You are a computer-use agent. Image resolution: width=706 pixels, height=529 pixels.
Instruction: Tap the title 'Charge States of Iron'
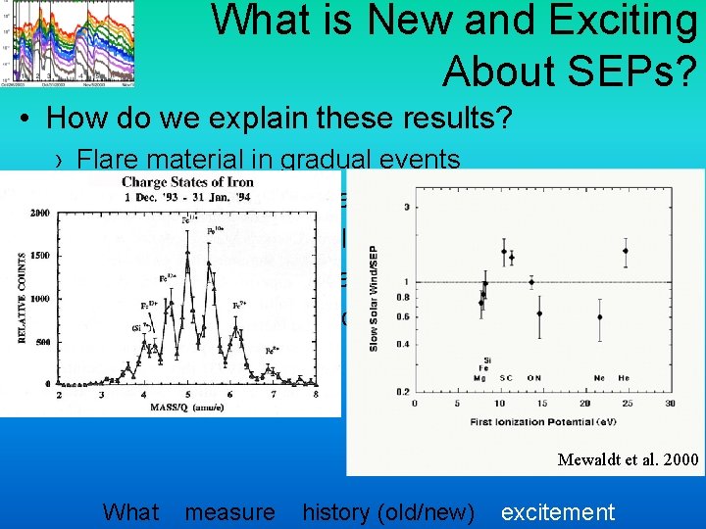pyautogui.click(x=187, y=181)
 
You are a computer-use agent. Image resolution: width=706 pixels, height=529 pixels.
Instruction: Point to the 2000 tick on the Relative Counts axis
pyautogui.click(x=41, y=213)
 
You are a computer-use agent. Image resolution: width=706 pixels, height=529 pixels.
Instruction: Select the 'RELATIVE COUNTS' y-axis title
pyautogui.click(x=21, y=298)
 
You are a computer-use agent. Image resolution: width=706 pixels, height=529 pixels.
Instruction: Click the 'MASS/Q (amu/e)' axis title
pyautogui.click(x=185, y=406)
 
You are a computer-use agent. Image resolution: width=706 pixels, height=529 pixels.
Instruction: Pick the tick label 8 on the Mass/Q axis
pyautogui.click(x=316, y=395)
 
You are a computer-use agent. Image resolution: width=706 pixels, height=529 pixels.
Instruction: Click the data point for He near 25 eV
pyautogui.click(x=626, y=251)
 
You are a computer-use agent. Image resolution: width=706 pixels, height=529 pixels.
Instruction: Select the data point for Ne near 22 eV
pyautogui.click(x=599, y=316)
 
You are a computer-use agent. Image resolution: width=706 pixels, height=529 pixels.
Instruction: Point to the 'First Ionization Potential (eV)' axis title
pyautogui.click(x=542, y=421)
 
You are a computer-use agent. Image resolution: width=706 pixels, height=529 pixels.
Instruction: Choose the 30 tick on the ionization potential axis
pyautogui.click(x=670, y=403)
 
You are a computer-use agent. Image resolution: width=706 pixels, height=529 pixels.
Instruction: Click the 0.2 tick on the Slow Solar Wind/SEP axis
pyautogui.click(x=401, y=392)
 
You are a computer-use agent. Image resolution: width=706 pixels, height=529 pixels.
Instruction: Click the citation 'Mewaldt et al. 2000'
pyautogui.click(x=627, y=458)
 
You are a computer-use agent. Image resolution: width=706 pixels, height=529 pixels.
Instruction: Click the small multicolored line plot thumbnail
pyautogui.click(x=69, y=43)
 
